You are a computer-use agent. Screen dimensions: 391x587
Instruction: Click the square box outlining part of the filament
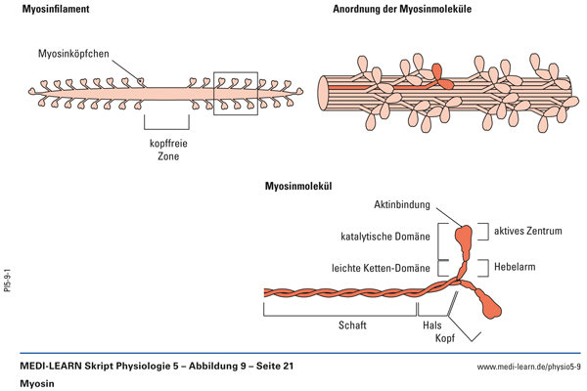click(235, 92)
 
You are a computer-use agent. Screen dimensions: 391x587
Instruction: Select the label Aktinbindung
click(402, 205)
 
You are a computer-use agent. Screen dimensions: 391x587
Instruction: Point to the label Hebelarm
click(514, 266)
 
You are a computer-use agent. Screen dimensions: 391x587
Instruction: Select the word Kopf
click(433, 342)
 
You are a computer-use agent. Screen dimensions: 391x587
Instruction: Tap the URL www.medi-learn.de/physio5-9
click(528, 367)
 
